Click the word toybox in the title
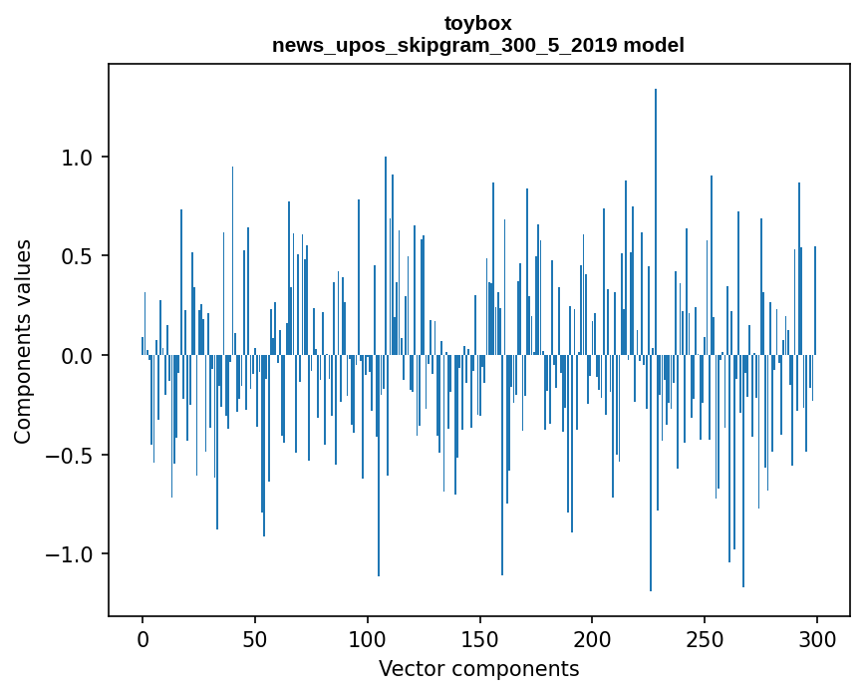pos(478,22)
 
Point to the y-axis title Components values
pos(23,341)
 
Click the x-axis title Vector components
pos(478,669)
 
